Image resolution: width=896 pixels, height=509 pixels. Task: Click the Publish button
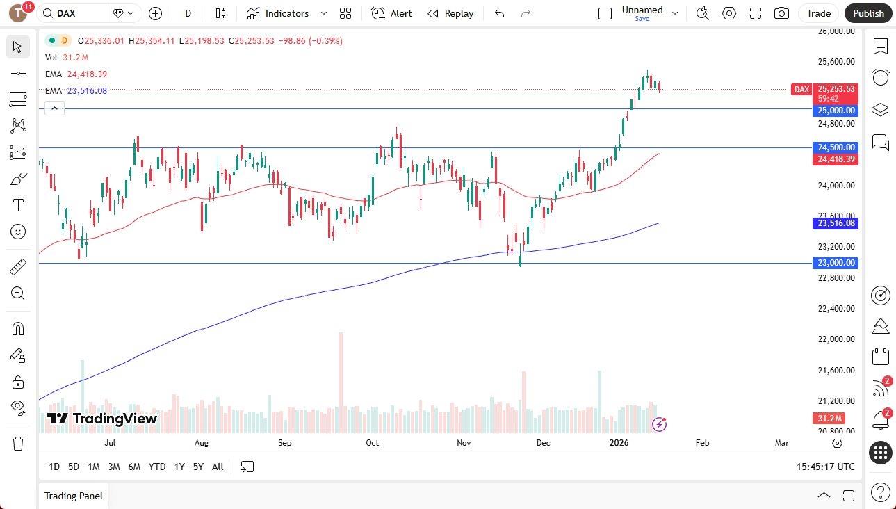868,13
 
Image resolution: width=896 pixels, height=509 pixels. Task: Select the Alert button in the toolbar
392,13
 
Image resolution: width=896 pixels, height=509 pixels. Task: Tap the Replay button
450,13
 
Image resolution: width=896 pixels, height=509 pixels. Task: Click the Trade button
818,13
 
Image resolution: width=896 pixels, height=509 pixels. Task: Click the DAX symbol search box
73,13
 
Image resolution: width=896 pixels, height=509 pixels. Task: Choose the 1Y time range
179,467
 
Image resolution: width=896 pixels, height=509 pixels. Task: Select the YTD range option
157,467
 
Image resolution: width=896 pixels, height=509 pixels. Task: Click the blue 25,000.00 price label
836,111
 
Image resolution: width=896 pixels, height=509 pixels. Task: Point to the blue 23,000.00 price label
836,263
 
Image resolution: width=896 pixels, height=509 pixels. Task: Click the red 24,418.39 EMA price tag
836,159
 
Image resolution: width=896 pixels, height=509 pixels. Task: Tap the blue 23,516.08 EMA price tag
836,223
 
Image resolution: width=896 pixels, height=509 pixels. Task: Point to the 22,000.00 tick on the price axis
836,339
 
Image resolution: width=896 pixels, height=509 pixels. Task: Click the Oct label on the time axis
373,443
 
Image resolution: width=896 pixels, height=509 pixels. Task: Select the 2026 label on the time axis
619,443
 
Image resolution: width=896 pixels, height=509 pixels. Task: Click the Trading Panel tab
74,496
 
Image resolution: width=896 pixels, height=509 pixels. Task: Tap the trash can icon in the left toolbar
18,444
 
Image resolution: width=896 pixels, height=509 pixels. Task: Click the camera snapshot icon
781,13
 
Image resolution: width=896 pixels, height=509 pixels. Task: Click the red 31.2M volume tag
829,418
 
